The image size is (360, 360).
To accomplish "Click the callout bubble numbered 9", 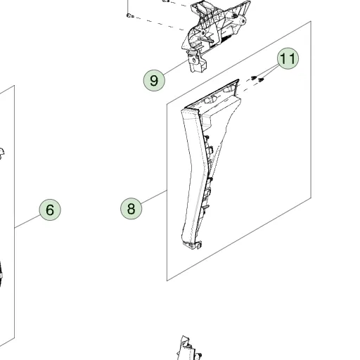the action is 154,80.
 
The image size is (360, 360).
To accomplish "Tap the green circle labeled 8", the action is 131,209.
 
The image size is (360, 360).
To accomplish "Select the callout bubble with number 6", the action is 50,210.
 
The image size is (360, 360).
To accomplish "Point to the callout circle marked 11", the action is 288,58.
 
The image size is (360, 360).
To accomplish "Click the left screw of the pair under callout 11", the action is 254,78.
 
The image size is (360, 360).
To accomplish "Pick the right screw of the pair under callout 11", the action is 261,80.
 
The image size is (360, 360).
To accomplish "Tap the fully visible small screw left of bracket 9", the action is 130,15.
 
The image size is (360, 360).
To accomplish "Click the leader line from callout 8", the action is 154,197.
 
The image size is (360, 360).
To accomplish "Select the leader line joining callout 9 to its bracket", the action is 176,67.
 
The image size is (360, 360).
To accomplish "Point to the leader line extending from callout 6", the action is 27,221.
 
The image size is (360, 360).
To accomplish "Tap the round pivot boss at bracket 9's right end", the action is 243,21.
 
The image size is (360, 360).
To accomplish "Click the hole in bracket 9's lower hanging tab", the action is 194,60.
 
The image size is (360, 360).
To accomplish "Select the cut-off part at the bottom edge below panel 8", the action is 188,348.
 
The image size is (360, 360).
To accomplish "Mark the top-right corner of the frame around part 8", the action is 311,21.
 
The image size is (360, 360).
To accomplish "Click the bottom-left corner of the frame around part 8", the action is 167,281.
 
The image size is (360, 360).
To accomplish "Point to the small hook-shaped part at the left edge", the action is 1,153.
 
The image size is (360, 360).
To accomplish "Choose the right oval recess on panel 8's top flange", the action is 229,89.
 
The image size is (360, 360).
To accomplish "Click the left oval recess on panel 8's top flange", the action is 210,100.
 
